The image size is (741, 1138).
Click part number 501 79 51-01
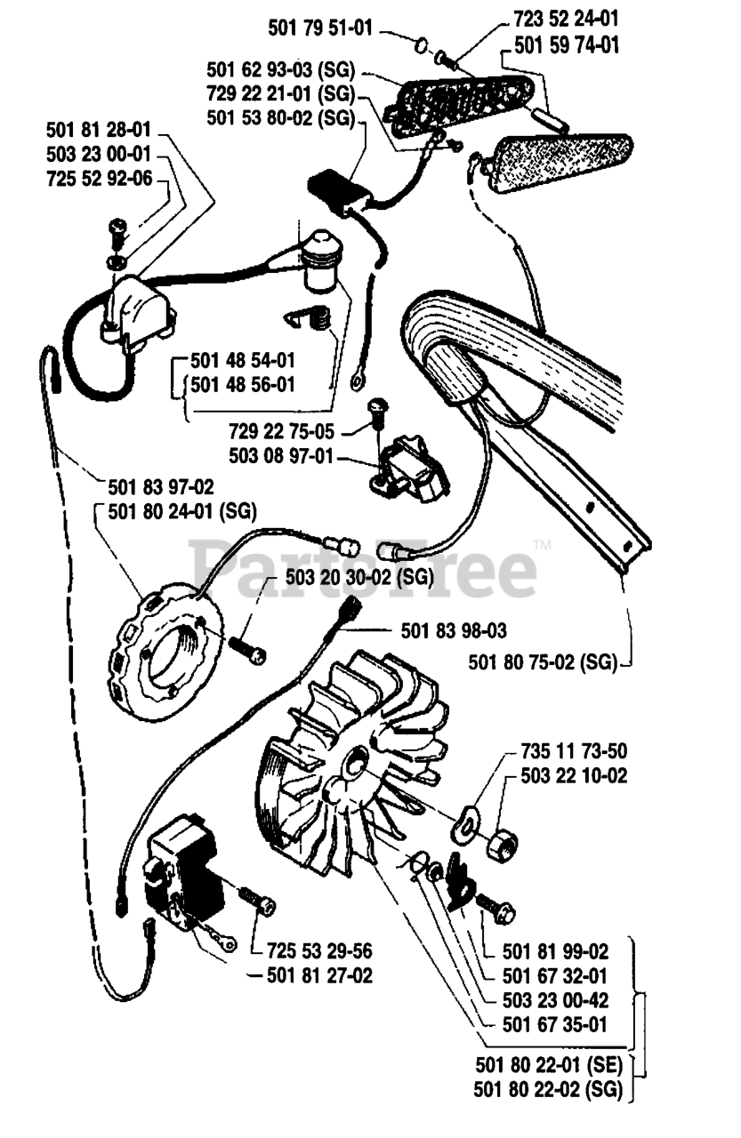tap(320, 27)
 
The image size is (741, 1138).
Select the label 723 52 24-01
tap(567, 19)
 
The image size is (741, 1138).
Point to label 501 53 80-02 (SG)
tap(280, 116)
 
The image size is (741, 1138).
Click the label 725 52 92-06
tap(98, 179)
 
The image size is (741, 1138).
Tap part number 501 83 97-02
tap(161, 486)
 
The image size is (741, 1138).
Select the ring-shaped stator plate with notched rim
tap(167, 636)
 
